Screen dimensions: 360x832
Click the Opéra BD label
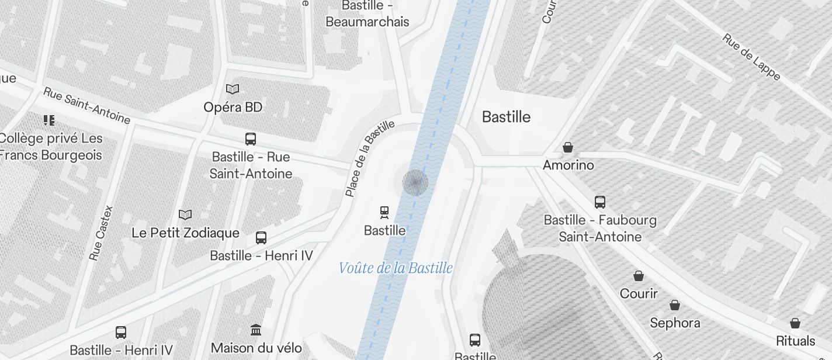pos(233,107)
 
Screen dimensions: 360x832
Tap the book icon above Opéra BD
pos(233,89)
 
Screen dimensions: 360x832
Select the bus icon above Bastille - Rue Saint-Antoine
pos(251,139)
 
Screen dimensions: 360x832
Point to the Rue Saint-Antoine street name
pos(86,106)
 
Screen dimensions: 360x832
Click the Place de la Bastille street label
pos(369,158)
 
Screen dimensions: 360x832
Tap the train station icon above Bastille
pos(384,212)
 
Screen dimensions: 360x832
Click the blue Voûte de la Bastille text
pos(396,268)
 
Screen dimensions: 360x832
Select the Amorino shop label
pos(568,165)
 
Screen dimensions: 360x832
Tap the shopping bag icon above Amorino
pos(567,147)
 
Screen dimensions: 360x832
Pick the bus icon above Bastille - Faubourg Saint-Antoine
pos(600,202)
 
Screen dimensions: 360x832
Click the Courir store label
pos(639,293)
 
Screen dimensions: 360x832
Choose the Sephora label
pos(675,323)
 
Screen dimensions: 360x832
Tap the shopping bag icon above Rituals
pos(795,323)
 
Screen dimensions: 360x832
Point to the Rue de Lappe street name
pos(751,56)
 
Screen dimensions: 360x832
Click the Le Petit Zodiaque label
pos(185,233)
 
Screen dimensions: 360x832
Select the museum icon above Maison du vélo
pos(256,330)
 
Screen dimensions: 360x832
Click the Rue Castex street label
pos(100,233)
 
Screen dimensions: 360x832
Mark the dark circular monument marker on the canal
pos(415,182)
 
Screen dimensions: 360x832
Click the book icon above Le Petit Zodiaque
pos(185,215)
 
